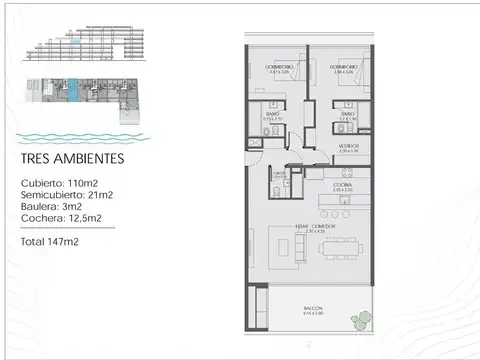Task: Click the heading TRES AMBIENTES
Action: [x=73, y=158]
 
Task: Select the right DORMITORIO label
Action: [x=345, y=68]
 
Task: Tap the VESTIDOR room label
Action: [x=348, y=147]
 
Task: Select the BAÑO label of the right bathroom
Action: [x=346, y=115]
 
